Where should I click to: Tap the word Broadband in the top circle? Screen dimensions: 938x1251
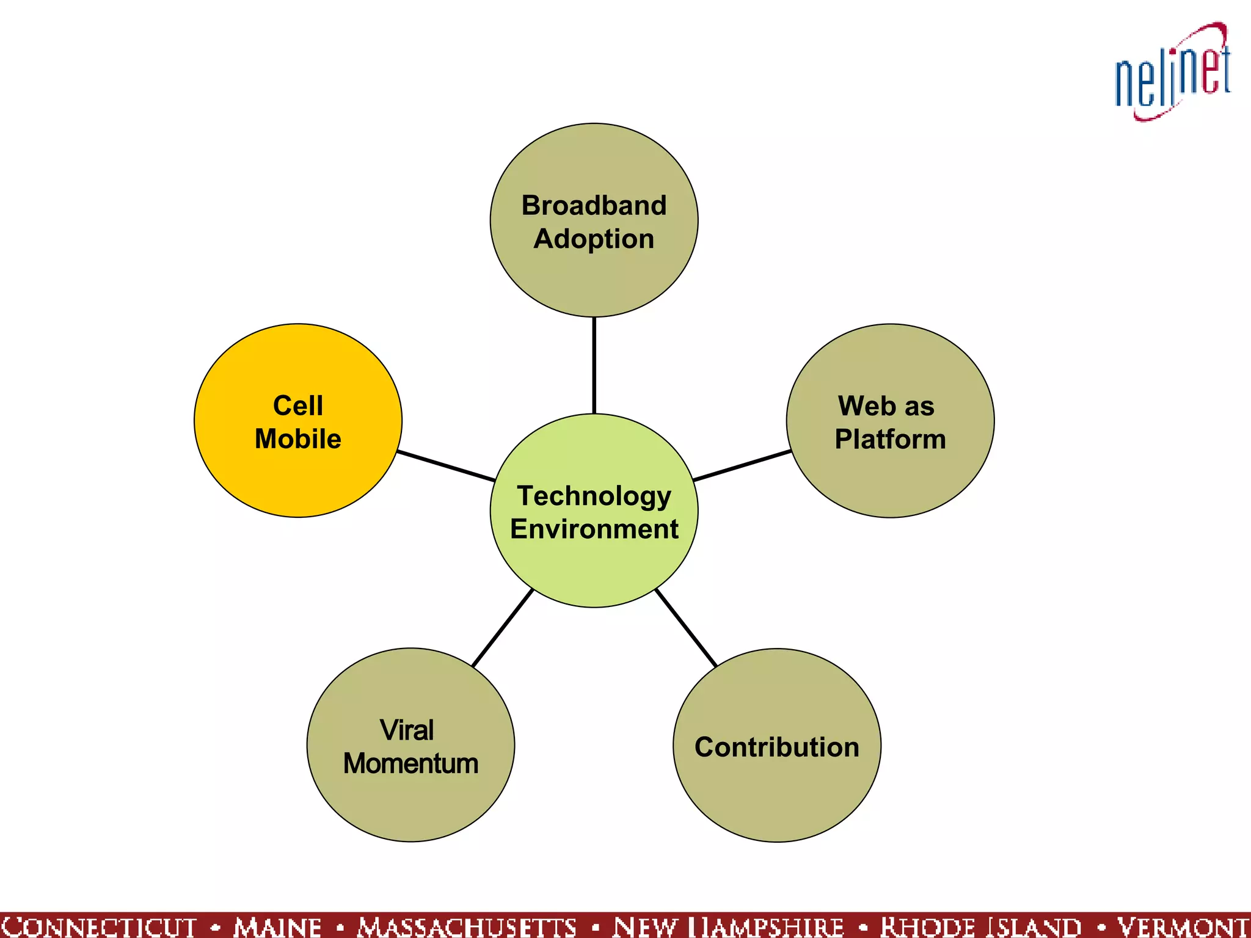[x=594, y=205]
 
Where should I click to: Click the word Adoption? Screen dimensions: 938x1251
[x=594, y=239]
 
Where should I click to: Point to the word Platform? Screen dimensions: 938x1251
[x=890, y=439]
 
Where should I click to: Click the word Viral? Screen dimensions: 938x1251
[x=407, y=730]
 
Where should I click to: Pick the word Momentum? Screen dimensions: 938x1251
[x=410, y=764]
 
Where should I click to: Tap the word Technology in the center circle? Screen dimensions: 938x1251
[x=594, y=496]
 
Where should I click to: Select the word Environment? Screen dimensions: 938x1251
[x=594, y=529]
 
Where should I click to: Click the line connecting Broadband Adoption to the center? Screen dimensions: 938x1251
[x=594, y=365]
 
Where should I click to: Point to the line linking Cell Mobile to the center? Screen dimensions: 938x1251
[x=446, y=466]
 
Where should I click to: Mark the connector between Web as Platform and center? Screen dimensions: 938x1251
[x=742, y=466]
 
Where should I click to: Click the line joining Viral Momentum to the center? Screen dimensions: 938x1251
[x=503, y=628]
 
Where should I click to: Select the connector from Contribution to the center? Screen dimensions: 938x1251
[x=685, y=628]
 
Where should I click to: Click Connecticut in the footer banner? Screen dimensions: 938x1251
[x=99, y=926]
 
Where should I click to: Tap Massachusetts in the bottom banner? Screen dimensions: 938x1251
[x=467, y=926]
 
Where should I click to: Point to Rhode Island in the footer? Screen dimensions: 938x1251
[x=980, y=926]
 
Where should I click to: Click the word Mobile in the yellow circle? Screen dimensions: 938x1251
[x=297, y=439]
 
